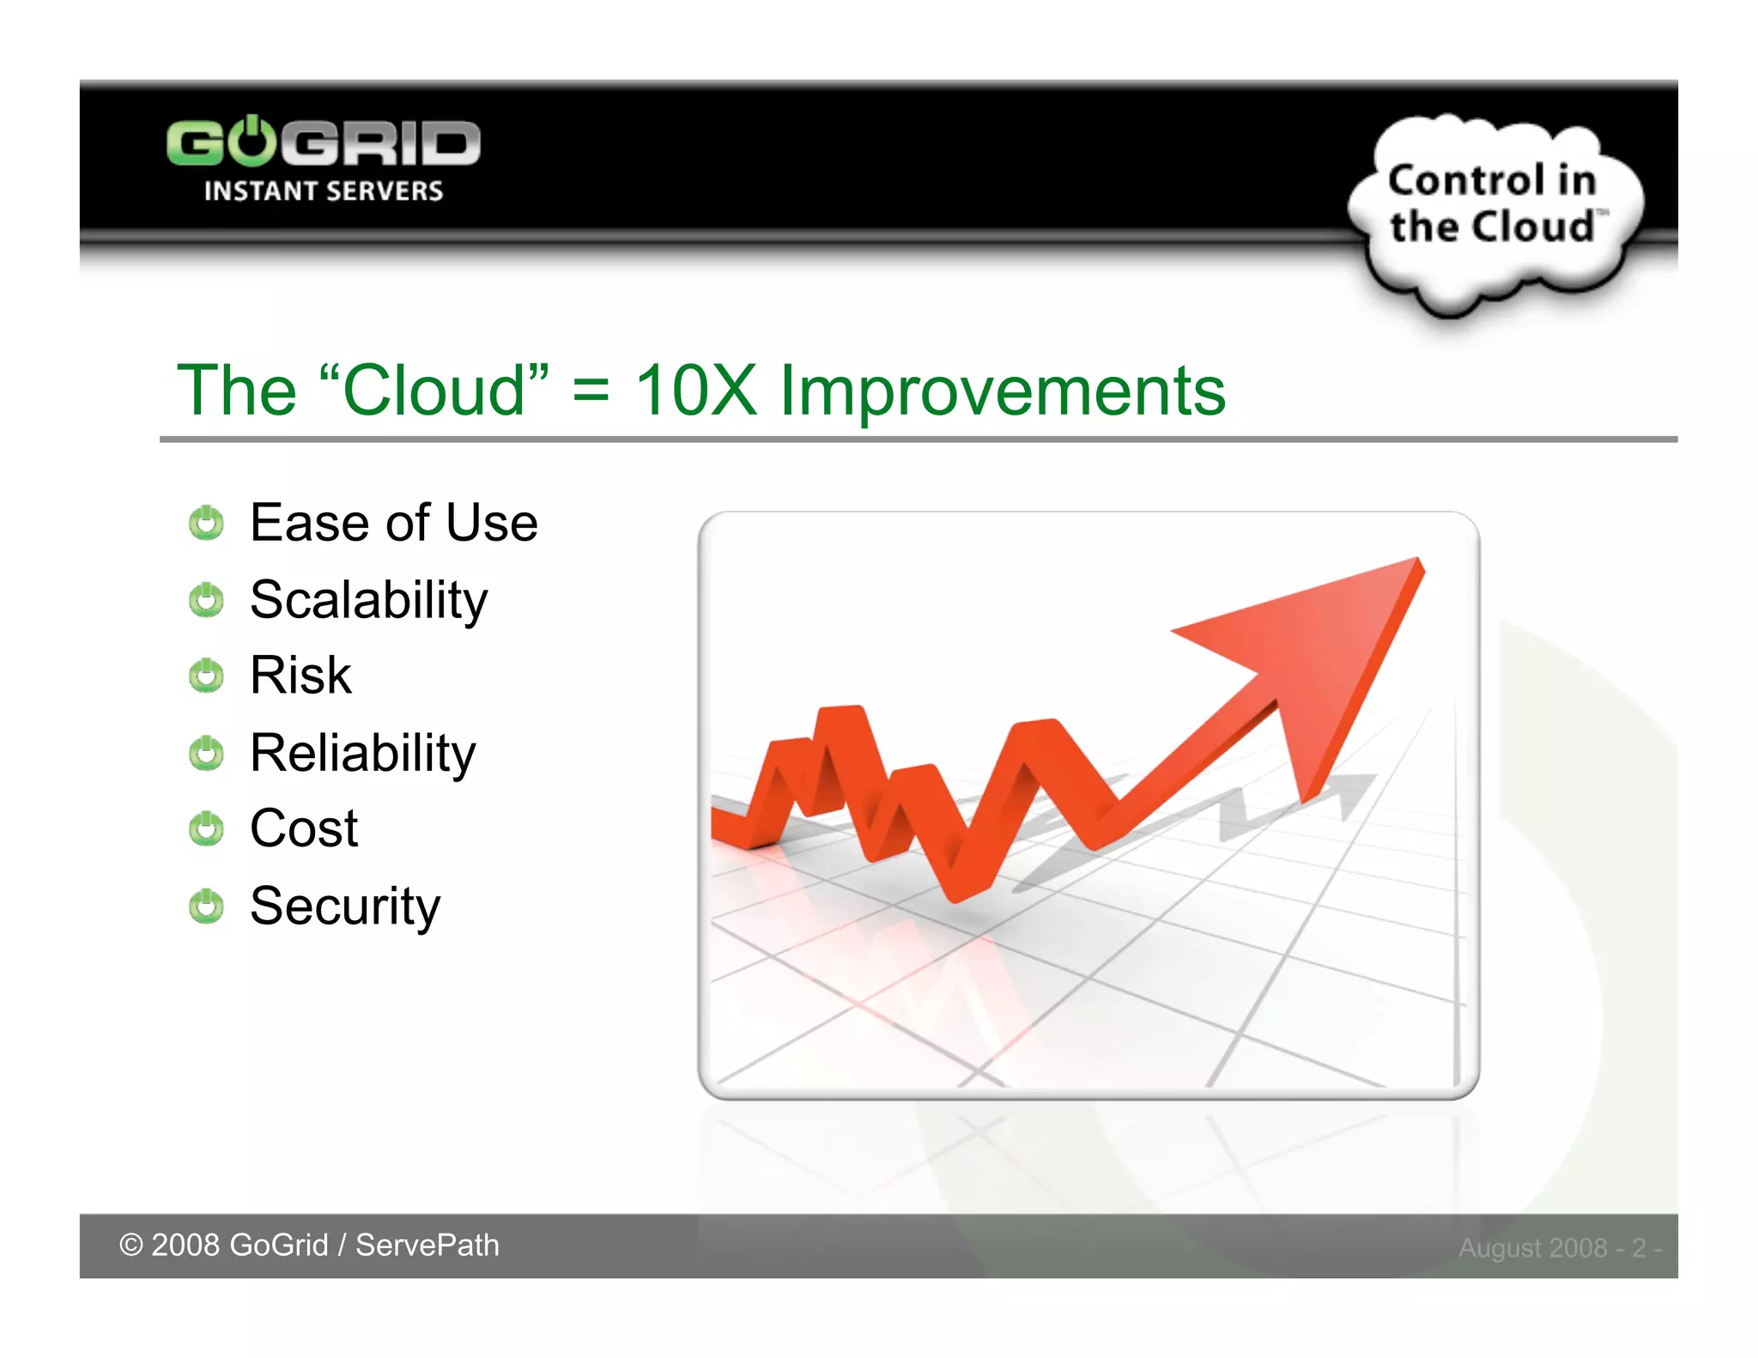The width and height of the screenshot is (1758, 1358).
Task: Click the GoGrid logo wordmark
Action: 323,142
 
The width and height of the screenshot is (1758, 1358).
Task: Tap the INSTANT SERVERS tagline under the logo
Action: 323,191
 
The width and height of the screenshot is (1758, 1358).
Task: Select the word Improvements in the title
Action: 1002,391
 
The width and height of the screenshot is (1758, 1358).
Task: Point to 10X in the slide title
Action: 695,391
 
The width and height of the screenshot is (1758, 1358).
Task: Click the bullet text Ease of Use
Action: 393,523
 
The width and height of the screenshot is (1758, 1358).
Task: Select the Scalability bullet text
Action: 368,599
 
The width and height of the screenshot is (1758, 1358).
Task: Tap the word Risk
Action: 300,676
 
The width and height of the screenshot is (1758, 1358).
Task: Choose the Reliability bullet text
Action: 362,753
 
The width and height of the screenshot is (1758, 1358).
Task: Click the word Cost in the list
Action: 304,828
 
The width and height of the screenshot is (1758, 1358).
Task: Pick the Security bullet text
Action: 345,906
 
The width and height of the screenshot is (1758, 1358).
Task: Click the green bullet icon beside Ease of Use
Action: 206,523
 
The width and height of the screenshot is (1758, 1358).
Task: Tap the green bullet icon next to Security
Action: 206,906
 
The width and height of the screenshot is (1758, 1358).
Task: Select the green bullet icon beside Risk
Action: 206,676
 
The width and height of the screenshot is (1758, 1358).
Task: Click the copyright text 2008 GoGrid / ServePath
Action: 309,1246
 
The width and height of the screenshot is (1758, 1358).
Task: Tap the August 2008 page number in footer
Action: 1559,1247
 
